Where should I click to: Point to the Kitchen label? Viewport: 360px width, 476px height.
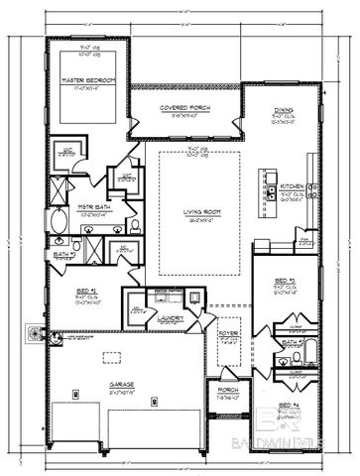click(x=293, y=185)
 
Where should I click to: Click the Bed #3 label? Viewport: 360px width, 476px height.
click(x=286, y=282)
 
